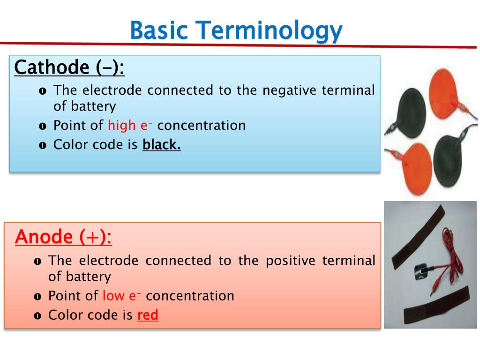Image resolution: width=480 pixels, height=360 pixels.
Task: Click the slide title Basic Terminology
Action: [x=236, y=30]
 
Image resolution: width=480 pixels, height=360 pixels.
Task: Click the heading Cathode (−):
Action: [x=69, y=67]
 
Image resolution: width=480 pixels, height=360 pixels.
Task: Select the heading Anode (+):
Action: [x=63, y=237]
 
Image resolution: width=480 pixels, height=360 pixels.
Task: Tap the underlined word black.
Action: [x=161, y=144]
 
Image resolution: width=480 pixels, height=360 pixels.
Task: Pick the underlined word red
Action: [x=148, y=315]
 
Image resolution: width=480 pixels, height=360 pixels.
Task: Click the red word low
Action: [x=113, y=296]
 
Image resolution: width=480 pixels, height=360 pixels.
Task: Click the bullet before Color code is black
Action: [x=43, y=145]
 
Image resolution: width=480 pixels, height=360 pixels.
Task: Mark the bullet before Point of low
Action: [x=37, y=297]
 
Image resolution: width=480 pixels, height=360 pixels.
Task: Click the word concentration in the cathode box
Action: [x=205, y=126]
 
